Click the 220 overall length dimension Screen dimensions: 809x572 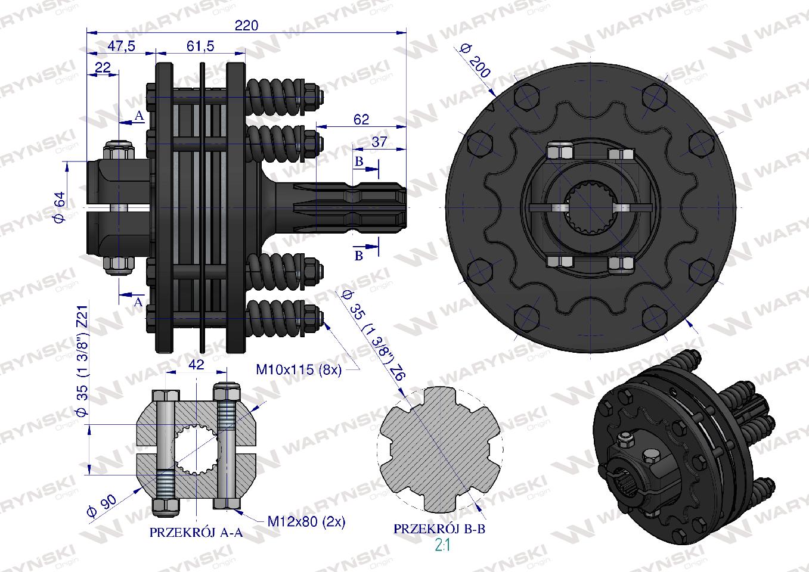point(246,26)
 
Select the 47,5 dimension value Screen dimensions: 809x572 point(122,46)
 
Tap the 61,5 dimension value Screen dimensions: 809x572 point(200,46)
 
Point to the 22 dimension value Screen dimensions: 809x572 point(103,67)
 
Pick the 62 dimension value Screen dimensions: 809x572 point(361,119)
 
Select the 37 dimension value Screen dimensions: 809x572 point(379,142)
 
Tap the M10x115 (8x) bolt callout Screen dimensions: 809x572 point(299,369)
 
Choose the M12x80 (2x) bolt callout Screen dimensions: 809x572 point(306,521)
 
